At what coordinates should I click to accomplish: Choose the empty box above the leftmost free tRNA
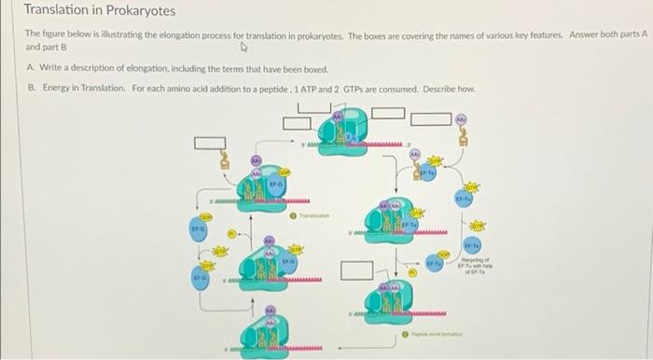[x=210, y=144]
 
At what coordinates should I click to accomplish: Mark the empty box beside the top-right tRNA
[x=430, y=119]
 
